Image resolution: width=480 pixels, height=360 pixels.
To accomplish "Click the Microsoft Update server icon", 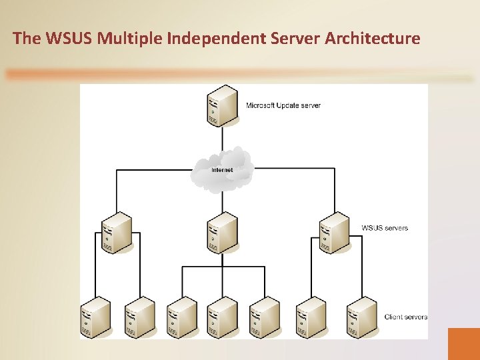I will tap(222, 105).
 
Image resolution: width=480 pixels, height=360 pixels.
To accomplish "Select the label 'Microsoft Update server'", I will tap(283, 105).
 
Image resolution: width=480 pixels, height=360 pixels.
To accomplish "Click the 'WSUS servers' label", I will tap(385, 228).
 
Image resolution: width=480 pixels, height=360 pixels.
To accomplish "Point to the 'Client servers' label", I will tap(406, 317).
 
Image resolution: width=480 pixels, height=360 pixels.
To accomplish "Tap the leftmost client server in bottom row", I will tap(95, 317).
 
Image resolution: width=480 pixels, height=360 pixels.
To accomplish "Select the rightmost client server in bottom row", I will tap(361, 317).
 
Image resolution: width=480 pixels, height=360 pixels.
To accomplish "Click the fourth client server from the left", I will tap(222, 317).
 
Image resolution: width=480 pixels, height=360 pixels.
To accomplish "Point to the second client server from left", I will tap(139, 317).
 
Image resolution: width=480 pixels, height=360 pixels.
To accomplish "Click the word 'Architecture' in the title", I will tap(373, 38).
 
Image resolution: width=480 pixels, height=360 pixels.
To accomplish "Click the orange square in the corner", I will tap(464, 343).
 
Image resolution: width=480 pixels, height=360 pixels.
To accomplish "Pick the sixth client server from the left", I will tap(311, 317).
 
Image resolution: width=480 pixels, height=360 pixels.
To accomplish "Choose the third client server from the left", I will tap(181, 317).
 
